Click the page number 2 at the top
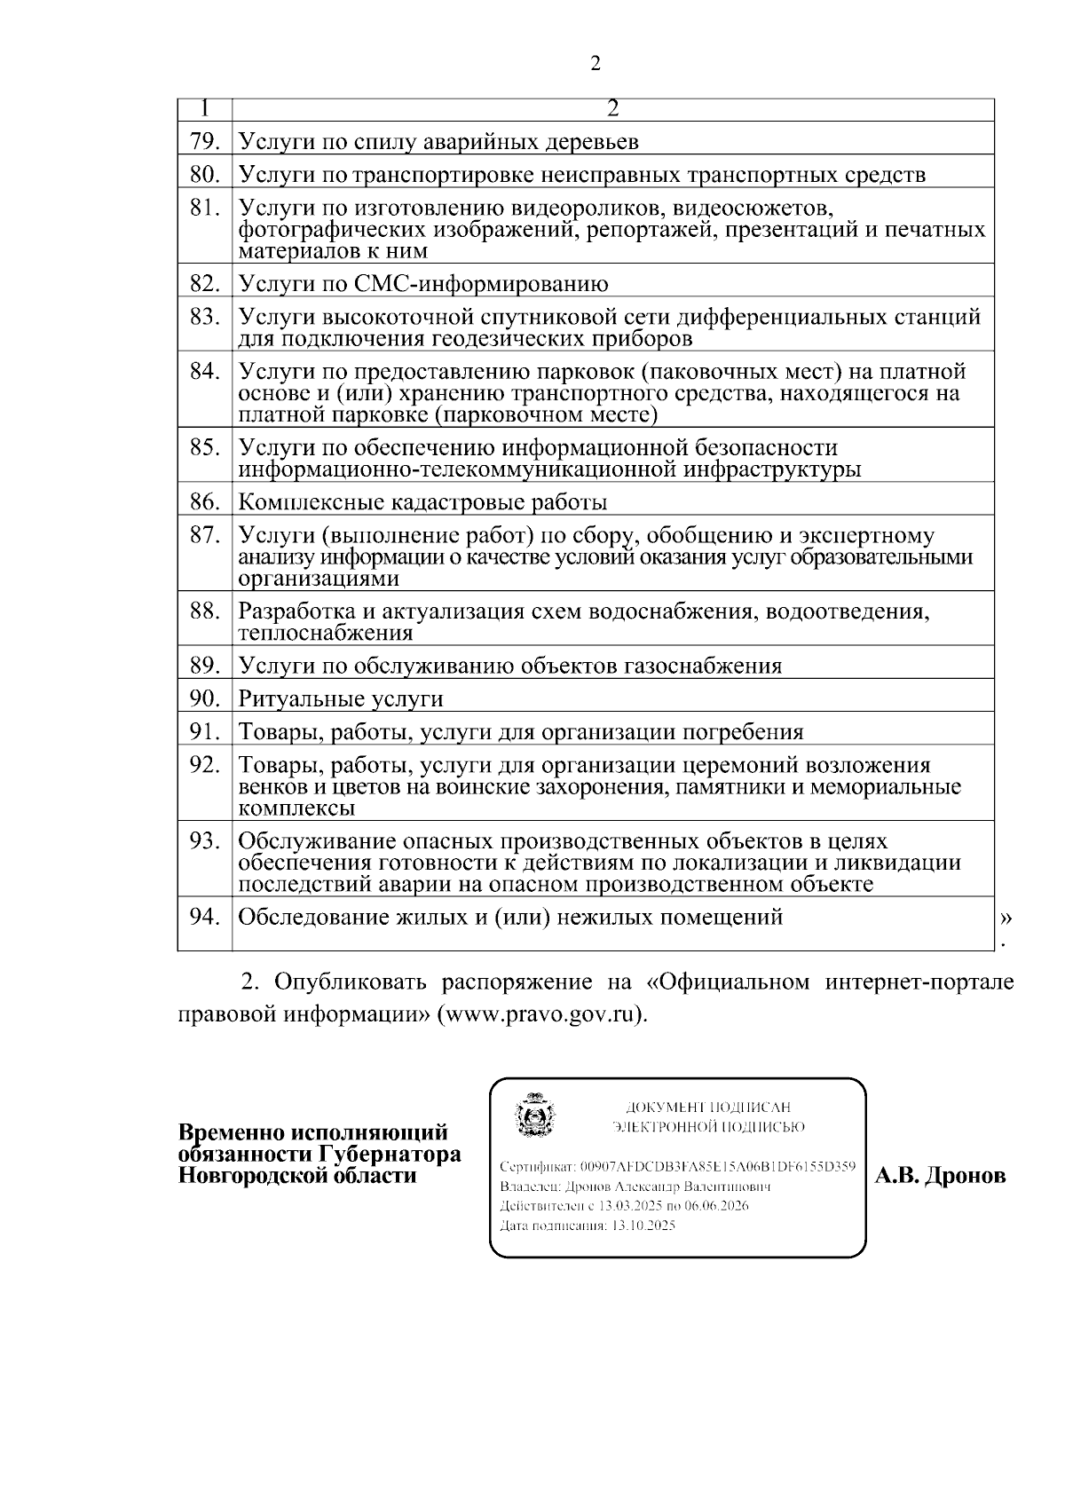tap(595, 63)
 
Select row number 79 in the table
tap(204, 142)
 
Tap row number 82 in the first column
tap(204, 284)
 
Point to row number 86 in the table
tap(204, 502)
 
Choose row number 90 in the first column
tap(204, 698)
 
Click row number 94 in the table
tap(204, 917)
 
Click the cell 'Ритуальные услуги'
tap(341, 699)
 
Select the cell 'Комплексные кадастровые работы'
tap(422, 503)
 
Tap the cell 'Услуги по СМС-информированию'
tap(423, 285)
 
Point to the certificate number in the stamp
tap(717, 1165)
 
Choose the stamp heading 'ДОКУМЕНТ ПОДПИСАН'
tap(707, 1108)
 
